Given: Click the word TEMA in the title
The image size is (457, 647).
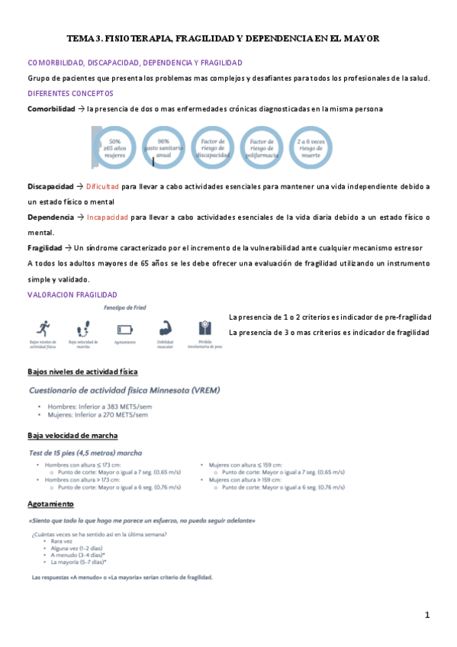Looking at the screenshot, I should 79,37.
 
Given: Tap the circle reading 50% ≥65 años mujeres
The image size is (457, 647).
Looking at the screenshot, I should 116,146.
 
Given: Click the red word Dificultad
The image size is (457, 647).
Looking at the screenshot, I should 102,186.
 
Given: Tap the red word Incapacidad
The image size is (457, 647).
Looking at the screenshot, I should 107,217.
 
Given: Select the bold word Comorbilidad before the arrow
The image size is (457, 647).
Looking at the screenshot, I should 50,109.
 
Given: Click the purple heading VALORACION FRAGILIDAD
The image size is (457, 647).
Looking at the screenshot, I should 72,295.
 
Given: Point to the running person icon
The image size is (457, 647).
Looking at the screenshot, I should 43,329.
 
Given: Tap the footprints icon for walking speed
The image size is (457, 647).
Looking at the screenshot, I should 84,330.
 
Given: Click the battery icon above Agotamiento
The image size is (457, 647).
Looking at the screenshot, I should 124,330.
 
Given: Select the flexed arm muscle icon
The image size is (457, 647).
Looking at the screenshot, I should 166,329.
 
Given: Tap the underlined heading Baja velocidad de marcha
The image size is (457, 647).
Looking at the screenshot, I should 72,436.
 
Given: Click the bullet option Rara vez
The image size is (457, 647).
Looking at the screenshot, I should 62,541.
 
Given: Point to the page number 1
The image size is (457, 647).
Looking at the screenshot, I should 428,615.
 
